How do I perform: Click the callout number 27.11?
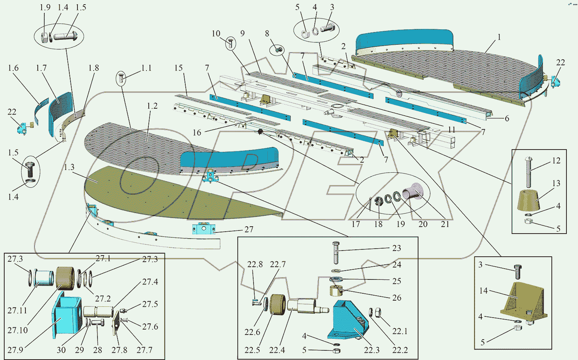point(17,310)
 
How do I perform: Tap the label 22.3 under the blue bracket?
point(371,350)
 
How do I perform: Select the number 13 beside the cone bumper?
point(556,183)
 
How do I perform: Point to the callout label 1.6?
point(13,68)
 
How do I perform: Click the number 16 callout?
point(197,133)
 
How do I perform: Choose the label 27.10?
point(17,330)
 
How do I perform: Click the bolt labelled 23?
point(336,252)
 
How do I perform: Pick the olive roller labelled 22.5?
point(278,304)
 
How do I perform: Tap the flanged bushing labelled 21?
point(413,191)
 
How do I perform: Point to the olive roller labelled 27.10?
point(65,278)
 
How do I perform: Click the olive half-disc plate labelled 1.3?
point(181,193)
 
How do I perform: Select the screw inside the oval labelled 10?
point(231,43)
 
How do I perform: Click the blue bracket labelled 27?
point(204,229)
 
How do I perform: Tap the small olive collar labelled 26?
point(336,291)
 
